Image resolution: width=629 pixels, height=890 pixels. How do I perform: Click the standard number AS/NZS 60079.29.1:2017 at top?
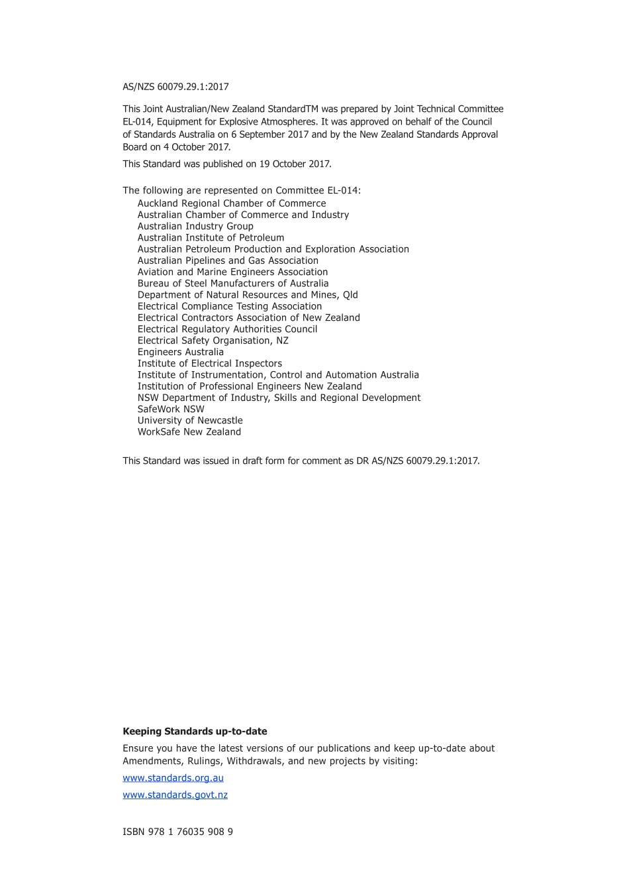coord(175,87)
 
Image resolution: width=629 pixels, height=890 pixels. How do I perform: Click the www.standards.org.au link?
coord(173,778)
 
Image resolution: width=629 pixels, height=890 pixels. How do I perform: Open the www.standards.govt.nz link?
coord(175,795)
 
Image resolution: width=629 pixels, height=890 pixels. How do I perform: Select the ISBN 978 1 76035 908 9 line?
coord(177,832)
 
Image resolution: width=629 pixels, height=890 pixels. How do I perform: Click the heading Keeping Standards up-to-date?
coord(195,732)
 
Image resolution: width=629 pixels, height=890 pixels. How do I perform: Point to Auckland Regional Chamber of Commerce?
coord(231,203)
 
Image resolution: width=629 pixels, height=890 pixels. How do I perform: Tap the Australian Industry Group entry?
coord(195,226)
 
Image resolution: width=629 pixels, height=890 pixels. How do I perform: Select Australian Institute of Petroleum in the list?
coord(211,237)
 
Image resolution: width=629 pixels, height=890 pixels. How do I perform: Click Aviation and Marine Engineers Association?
coord(232,272)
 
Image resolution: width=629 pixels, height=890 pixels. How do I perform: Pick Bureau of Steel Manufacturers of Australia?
coord(232,283)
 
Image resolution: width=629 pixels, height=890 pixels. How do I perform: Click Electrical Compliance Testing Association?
coord(229,306)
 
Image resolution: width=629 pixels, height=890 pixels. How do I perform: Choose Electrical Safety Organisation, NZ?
coord(213,341)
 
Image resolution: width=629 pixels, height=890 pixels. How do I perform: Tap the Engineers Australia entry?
coord(180,352)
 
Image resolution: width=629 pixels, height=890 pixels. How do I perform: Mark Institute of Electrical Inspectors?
coord(209,363)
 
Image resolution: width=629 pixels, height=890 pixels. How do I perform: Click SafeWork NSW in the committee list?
coord(171,409)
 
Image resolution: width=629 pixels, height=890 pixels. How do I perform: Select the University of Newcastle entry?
coord(190,420)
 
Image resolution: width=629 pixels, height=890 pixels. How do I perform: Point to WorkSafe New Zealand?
coord(189,431)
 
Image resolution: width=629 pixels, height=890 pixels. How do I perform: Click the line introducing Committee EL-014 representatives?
coord(242,191)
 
